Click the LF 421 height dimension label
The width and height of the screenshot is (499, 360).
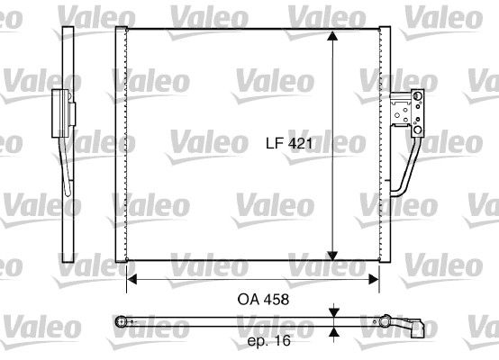(287, 142)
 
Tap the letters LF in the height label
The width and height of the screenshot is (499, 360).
(273, 142)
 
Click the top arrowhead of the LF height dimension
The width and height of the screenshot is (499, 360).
(333, 37)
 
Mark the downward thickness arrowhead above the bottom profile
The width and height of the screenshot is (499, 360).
(333, 312)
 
